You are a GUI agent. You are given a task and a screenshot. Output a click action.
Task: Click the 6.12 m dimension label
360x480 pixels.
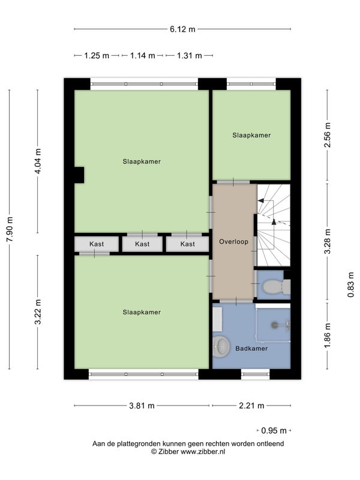point(182,29)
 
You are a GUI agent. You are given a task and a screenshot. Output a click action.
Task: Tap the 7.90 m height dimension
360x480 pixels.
point(10,229)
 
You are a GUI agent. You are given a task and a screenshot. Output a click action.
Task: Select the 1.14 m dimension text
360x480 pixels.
point(143,56)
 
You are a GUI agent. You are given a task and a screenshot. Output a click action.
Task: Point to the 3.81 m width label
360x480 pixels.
point(142,406)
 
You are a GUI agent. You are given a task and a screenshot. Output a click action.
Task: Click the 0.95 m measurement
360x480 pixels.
point(274,431)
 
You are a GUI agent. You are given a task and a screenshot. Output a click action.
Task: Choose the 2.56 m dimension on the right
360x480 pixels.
point(328,135)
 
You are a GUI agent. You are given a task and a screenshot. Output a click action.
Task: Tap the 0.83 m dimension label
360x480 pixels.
point(351,284)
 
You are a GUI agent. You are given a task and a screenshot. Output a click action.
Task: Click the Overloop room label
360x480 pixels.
point(233,242)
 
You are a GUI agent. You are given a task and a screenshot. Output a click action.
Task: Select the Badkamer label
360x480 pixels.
point(251,349)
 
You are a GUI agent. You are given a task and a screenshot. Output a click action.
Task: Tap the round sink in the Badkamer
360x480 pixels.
point(221,347)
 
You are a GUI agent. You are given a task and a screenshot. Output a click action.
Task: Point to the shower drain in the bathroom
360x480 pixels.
point(274,325)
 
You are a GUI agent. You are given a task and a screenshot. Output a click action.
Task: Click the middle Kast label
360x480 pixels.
point(142,244)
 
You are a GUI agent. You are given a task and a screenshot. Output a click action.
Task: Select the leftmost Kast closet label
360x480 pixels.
point(97,244)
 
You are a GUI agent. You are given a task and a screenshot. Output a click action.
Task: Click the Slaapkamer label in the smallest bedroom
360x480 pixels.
point(251,136)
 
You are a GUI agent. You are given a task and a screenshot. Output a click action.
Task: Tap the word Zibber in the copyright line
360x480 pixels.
point(169,452)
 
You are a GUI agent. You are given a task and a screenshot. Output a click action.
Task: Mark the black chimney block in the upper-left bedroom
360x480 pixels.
point(79,175)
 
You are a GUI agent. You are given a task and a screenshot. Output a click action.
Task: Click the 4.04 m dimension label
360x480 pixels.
point(38,161)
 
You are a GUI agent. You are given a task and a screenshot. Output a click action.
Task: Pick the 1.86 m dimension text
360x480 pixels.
point(328,336)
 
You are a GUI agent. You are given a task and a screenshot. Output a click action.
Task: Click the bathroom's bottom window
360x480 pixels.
point(256,374)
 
